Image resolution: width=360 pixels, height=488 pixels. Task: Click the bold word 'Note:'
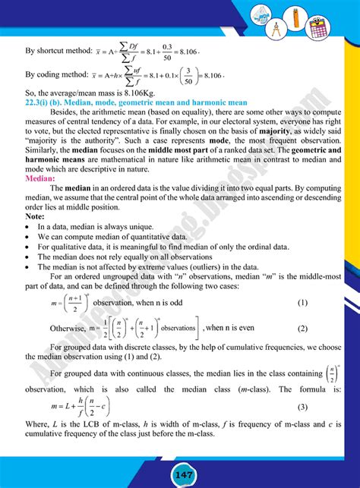pyautogui.click(x=35, y=217)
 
